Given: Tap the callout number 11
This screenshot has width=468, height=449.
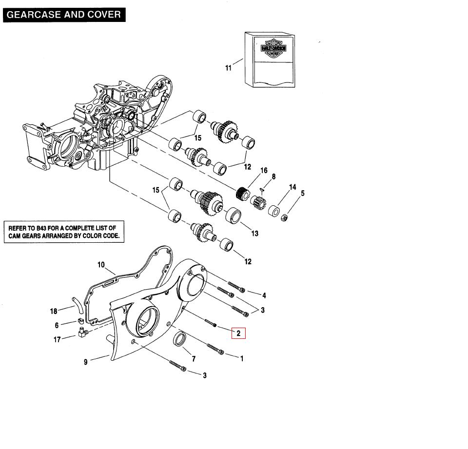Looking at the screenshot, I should pyautogui.click(x=229, y=68).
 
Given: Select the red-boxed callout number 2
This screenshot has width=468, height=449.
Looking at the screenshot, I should pyautogui.click(x=238, y=333).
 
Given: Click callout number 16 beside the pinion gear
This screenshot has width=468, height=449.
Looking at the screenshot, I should pyautogui.click(x=264, y=171).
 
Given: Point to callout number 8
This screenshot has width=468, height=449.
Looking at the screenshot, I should pyautogui.click(x=273, y=177).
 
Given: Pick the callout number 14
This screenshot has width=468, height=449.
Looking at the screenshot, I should pyautogui.click(x=292, y=187).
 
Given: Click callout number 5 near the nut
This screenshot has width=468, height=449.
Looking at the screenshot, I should pyautogui.click(x=303, y=194).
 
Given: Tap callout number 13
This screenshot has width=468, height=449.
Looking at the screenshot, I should pyautogui.click(x=254, y=234).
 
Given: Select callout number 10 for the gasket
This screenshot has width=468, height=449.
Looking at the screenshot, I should pyautogui.click(x=101, y=265).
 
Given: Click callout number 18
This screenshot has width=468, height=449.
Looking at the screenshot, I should pyautogui.click(x=54, y=311).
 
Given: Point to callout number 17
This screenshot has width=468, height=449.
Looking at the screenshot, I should pyautogui.click(x=57, y=339).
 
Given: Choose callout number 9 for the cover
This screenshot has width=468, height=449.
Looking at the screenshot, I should pyautogui.click(x=86, y=362).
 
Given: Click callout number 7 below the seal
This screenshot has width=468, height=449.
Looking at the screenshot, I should pyautogui.click(x=194, y=359).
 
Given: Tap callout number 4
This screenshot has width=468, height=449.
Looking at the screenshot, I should pyautogui.click(x=264, y=295).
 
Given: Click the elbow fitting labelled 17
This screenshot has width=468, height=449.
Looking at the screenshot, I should pyautogui.click(x=81, y=333).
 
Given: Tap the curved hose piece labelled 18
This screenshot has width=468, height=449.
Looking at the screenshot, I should pyautogui.click(x=76, y=304).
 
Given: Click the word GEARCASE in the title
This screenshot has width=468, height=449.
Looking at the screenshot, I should pyautogui.click(x=29, y=14).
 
